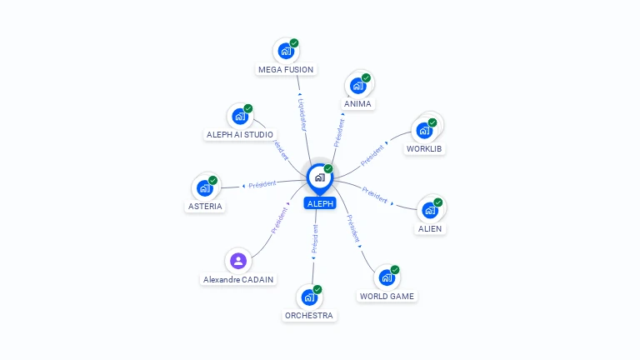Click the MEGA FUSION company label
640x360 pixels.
[287, 70]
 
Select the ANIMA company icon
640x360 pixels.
[358, 85]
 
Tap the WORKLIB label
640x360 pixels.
[424, 149]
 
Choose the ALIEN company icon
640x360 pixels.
[430, 210]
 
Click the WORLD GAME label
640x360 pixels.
[387, 296]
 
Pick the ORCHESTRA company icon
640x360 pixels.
[309, 297]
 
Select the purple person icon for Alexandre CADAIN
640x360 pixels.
[238, 261]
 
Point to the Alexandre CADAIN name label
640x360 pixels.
[238, 280]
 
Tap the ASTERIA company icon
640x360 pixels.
[205, 188]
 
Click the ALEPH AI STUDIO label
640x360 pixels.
[240, 134]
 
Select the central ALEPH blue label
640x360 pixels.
[320, 203]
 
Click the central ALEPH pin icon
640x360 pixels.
[319, 177]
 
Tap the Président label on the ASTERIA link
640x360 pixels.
[262, 184]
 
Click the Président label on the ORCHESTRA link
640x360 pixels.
[314, 239]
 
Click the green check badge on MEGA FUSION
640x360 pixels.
[294, 43]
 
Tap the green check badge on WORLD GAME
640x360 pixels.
[395, 270]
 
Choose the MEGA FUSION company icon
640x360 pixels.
[286, 51]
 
